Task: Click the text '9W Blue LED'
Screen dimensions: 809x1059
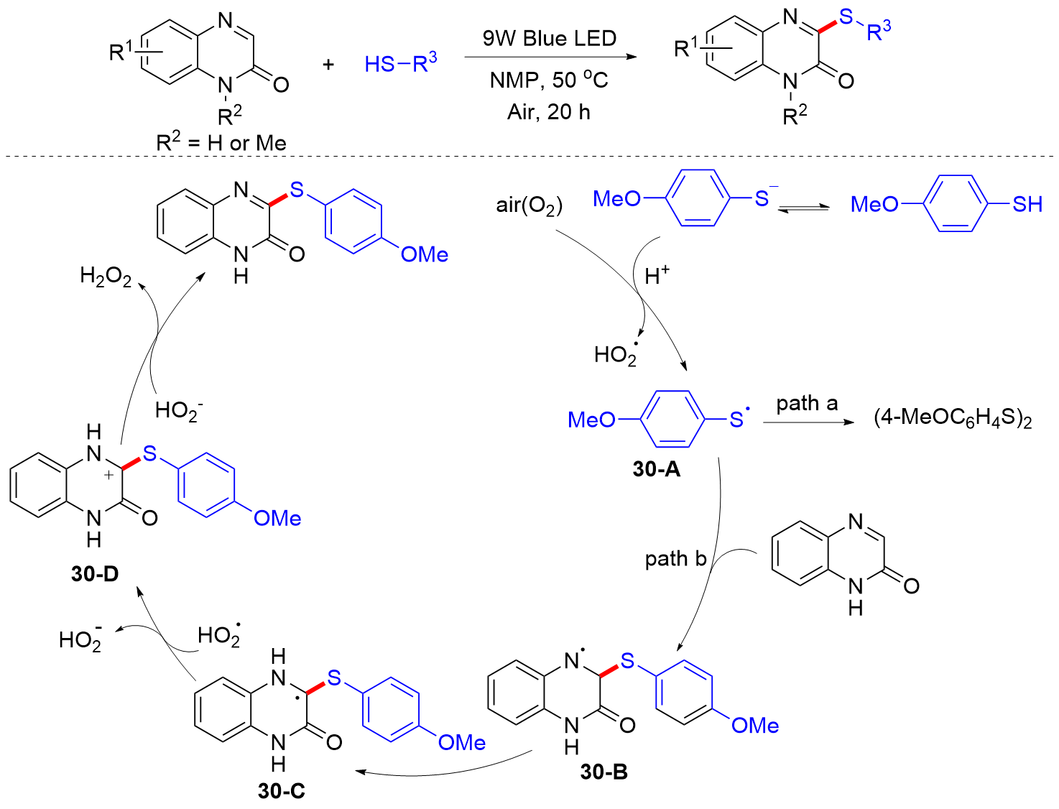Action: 549,38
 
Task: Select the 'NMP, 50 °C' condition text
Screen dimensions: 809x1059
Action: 549,80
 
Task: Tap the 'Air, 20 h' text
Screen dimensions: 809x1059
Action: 549,111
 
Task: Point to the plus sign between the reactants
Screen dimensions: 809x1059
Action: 328,65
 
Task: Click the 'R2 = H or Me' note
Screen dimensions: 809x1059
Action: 221,142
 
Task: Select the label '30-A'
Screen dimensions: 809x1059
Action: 656,469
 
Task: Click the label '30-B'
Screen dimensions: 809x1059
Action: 604,772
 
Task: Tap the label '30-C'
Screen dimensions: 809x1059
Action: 281,790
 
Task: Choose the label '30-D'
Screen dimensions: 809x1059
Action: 95,573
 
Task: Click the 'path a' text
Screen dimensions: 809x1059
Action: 807,404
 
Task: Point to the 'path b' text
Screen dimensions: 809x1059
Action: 675,558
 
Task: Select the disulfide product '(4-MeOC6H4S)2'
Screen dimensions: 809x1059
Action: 953,418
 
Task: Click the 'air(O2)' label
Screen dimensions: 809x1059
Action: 529,205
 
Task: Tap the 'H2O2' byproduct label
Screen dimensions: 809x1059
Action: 106,276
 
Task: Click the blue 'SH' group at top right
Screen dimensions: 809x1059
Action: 1027,205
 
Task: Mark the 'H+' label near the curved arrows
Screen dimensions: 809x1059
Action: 657,276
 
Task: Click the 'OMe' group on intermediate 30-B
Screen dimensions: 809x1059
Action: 754,726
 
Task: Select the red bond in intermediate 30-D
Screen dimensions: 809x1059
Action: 130,463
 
